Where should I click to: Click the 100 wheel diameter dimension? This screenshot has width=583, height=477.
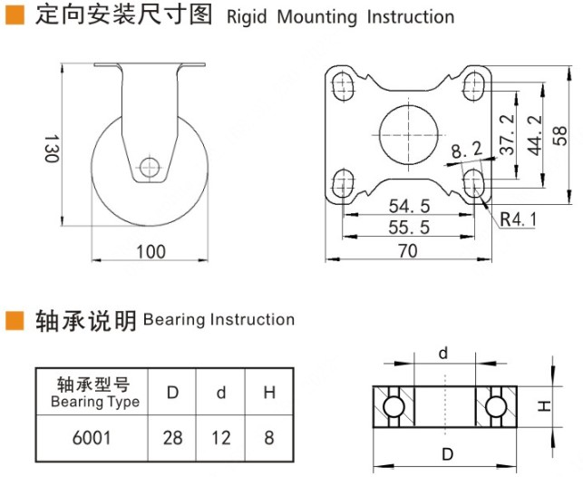click(x=151, y=251)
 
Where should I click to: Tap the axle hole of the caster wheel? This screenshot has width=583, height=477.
click(x=151, y=167)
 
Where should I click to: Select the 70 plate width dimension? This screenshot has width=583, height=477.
click(x=408, y=251)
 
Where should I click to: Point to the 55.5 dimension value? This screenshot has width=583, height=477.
click(x=408, y=227)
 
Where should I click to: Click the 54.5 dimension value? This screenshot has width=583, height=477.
click(x=408, y=206)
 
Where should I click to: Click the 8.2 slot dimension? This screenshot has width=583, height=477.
click(x=466, y=147)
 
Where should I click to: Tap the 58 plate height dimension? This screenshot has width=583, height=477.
click(x=560, y=134)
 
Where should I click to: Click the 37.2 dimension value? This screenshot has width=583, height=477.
click(x=507, y=133)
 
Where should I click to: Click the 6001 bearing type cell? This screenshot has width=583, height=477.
click(x=91, y=438)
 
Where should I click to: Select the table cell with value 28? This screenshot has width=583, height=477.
click(x=172, y=438)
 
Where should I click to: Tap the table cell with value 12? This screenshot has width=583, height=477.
click(x=221, y=438)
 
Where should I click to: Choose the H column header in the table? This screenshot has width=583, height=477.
click(x=269, y=393)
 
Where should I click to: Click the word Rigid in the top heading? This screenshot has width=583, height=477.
click(x=247, y=17)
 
